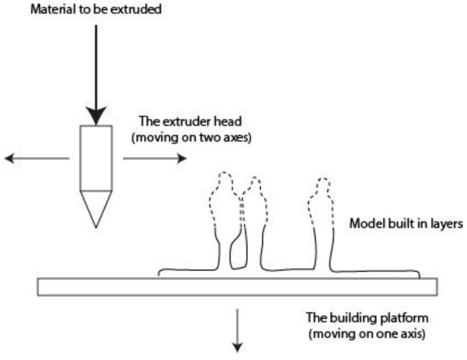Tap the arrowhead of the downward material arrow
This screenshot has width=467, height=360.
[96, 116]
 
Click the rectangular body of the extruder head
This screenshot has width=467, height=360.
[96, 158]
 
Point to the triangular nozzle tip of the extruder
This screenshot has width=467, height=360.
[96, 208]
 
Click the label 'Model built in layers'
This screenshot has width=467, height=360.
[406, 224]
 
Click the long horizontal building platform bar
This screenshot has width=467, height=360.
[237, 287]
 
